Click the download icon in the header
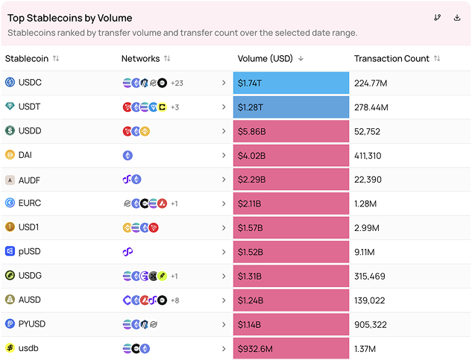tap(457, 18)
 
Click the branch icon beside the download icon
tap(438, 18)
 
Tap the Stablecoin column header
tap(27, 58)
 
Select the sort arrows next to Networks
tap(167, 58)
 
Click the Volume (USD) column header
tap(265, 58)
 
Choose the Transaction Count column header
tap(391, 58)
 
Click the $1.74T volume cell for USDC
tap(291, 83)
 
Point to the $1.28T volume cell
tap(291, 107)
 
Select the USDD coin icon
tap(10, 130)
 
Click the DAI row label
tap(25, 155)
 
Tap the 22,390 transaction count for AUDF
tap(368, 180)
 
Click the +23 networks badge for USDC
tap(177, 83)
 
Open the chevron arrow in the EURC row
tap(224, 203)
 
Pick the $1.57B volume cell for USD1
tap(291, 228)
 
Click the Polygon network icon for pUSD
tap(128, 252)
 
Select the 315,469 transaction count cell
tap(370, 277)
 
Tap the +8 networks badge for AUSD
tap(175, 300)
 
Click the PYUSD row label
tap(32, 324)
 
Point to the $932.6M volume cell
tap(291, 349)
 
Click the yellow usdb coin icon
tap(10, 348)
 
